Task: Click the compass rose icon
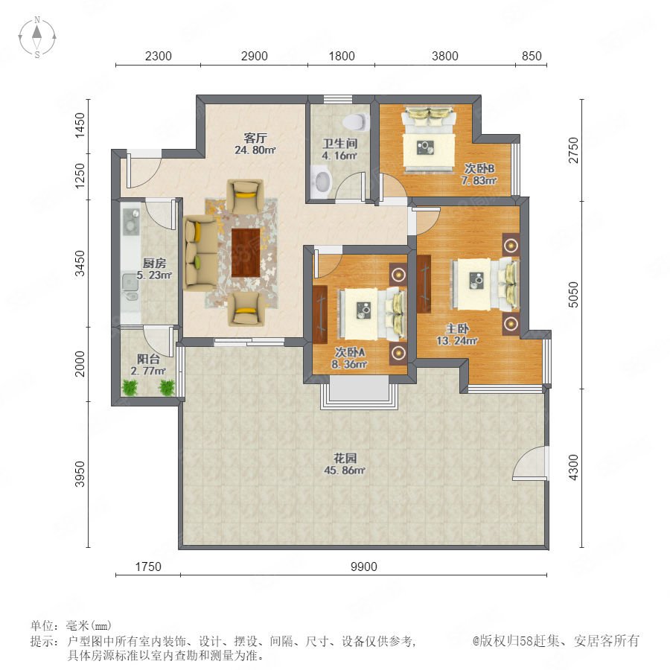(x=37, y=37)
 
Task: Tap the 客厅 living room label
(x=255, y=138)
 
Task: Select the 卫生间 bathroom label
(x=340, y=144)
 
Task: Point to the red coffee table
(x=246, y=252)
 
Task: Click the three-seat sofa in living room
(x=200, y=253)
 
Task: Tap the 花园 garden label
(x=345, y=459)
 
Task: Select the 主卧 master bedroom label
(x=457, y=328)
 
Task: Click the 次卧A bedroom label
(x=350, y=353)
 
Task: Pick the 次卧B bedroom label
(x=479, y=168)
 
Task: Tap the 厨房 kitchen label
(x=154, y=264)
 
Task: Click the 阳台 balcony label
(x=148, y=359)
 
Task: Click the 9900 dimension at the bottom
(x=363, y=567)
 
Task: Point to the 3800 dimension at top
(x=445, y=56)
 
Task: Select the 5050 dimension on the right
(x=573, y=294)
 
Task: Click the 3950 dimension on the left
(x=80, y=474)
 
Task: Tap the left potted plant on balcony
(x=130, y=388)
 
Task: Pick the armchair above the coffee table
(x=245, y=196)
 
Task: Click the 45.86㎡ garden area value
(x=345, y=470)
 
